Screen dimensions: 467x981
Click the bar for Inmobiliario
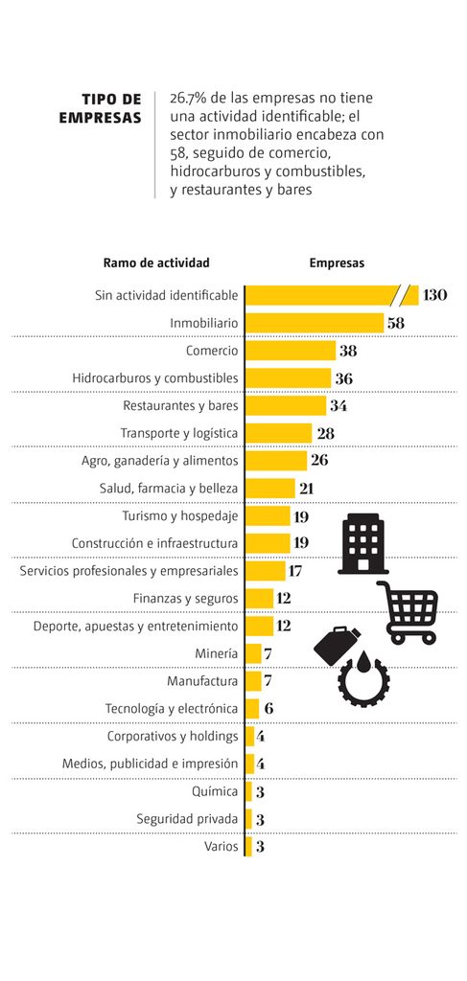(x=315, y=323)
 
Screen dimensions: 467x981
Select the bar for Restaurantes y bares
(x=286, y=405)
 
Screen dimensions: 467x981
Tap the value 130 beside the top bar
(x=435, y=295)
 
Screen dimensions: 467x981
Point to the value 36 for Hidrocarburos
(x=344, y=378)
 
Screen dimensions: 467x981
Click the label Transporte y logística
(x=179, y=433)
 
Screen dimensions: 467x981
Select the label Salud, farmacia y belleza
(x=169, y=488)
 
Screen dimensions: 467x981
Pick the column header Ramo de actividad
(x=156, y=263)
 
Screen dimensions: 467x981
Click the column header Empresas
(x=337, y=263)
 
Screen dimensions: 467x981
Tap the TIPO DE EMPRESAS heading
(x=100, y=108)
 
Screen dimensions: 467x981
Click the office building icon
(x=363, y=544)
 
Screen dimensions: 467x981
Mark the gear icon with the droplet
(x=363, y=680)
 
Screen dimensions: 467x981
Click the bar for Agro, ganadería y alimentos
(x=276, y=461)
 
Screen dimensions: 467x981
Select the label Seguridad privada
(x=187, y=819)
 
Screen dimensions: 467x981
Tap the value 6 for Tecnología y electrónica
(x=269, y=709)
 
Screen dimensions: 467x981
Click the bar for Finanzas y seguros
(x=259, y=599)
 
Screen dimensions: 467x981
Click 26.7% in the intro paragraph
(x=188, y=99)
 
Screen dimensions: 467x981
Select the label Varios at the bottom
(x=221, y=847)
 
